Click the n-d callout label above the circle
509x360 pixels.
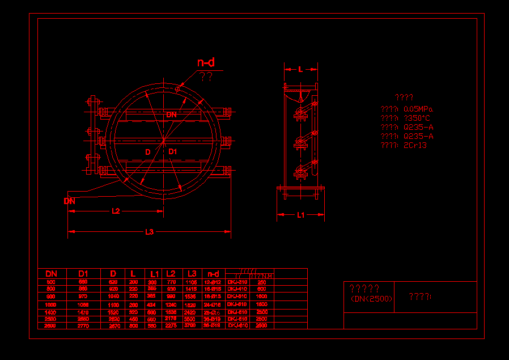tap(205, 63)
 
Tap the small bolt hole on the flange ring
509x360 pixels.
tap(177, 88)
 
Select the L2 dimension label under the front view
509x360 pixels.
tap(116, 211)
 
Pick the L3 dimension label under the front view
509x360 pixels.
tap(150, 231)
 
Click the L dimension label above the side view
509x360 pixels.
tap(300, 69)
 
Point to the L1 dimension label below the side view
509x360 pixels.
tap(301, 215)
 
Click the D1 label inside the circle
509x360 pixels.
tap(173, 151)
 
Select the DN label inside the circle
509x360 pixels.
tap(171, 115)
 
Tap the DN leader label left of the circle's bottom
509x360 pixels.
tap(69, 201)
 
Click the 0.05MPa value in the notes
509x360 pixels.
tap(418, 109)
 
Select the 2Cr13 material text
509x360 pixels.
tap(415, 145)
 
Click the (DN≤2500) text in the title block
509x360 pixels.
tap(371, 299)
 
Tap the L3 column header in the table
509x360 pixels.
tap(192, 274)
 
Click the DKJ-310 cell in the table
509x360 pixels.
tap(237, 282)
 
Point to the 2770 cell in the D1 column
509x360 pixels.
tap(83, 325)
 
